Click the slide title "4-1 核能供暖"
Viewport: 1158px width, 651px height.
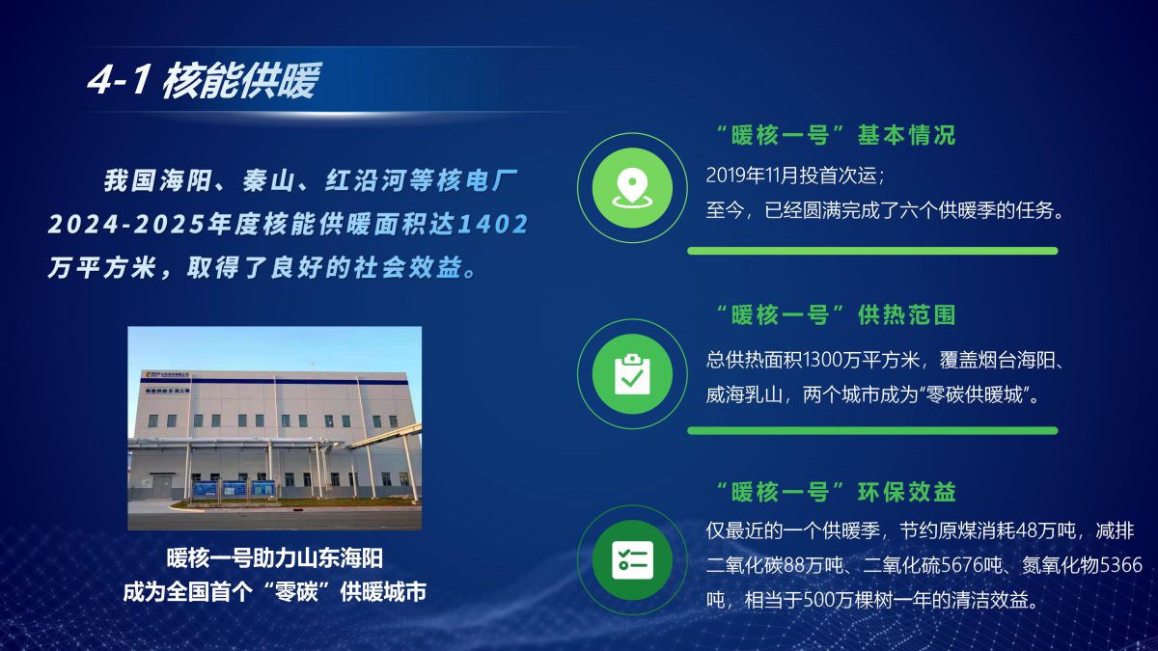[204, 81]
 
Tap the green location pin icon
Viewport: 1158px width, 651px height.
[632, 188]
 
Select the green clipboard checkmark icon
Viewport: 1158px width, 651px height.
[632, 374]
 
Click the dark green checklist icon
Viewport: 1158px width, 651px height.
[632, 560]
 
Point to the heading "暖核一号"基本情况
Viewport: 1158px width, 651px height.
[836, 135]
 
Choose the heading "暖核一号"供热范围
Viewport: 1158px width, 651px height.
[836, 314]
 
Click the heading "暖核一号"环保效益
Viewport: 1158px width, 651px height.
[836, 492]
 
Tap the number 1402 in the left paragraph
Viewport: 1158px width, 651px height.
[493, 224]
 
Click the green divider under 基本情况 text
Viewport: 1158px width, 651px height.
[872, 251]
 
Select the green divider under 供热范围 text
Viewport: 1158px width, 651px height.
[872, 431]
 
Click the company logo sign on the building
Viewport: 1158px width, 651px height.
[166, 374]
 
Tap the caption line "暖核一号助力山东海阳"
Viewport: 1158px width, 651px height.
[274, 558]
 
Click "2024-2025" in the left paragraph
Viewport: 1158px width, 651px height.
[125, 224]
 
